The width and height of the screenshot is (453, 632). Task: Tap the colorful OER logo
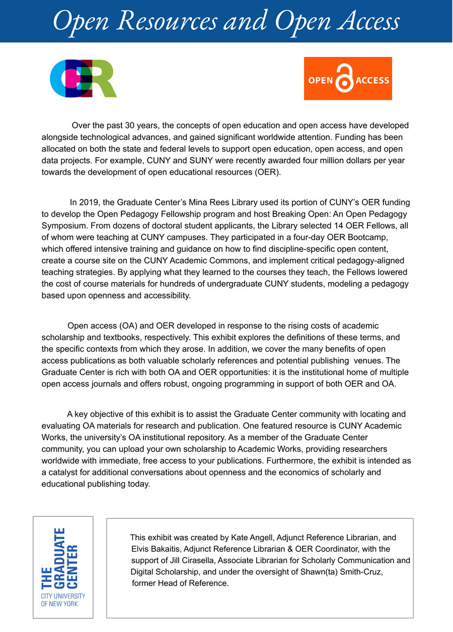[x=83, y=78]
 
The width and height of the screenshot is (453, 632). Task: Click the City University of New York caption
[x=63, y=600]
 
